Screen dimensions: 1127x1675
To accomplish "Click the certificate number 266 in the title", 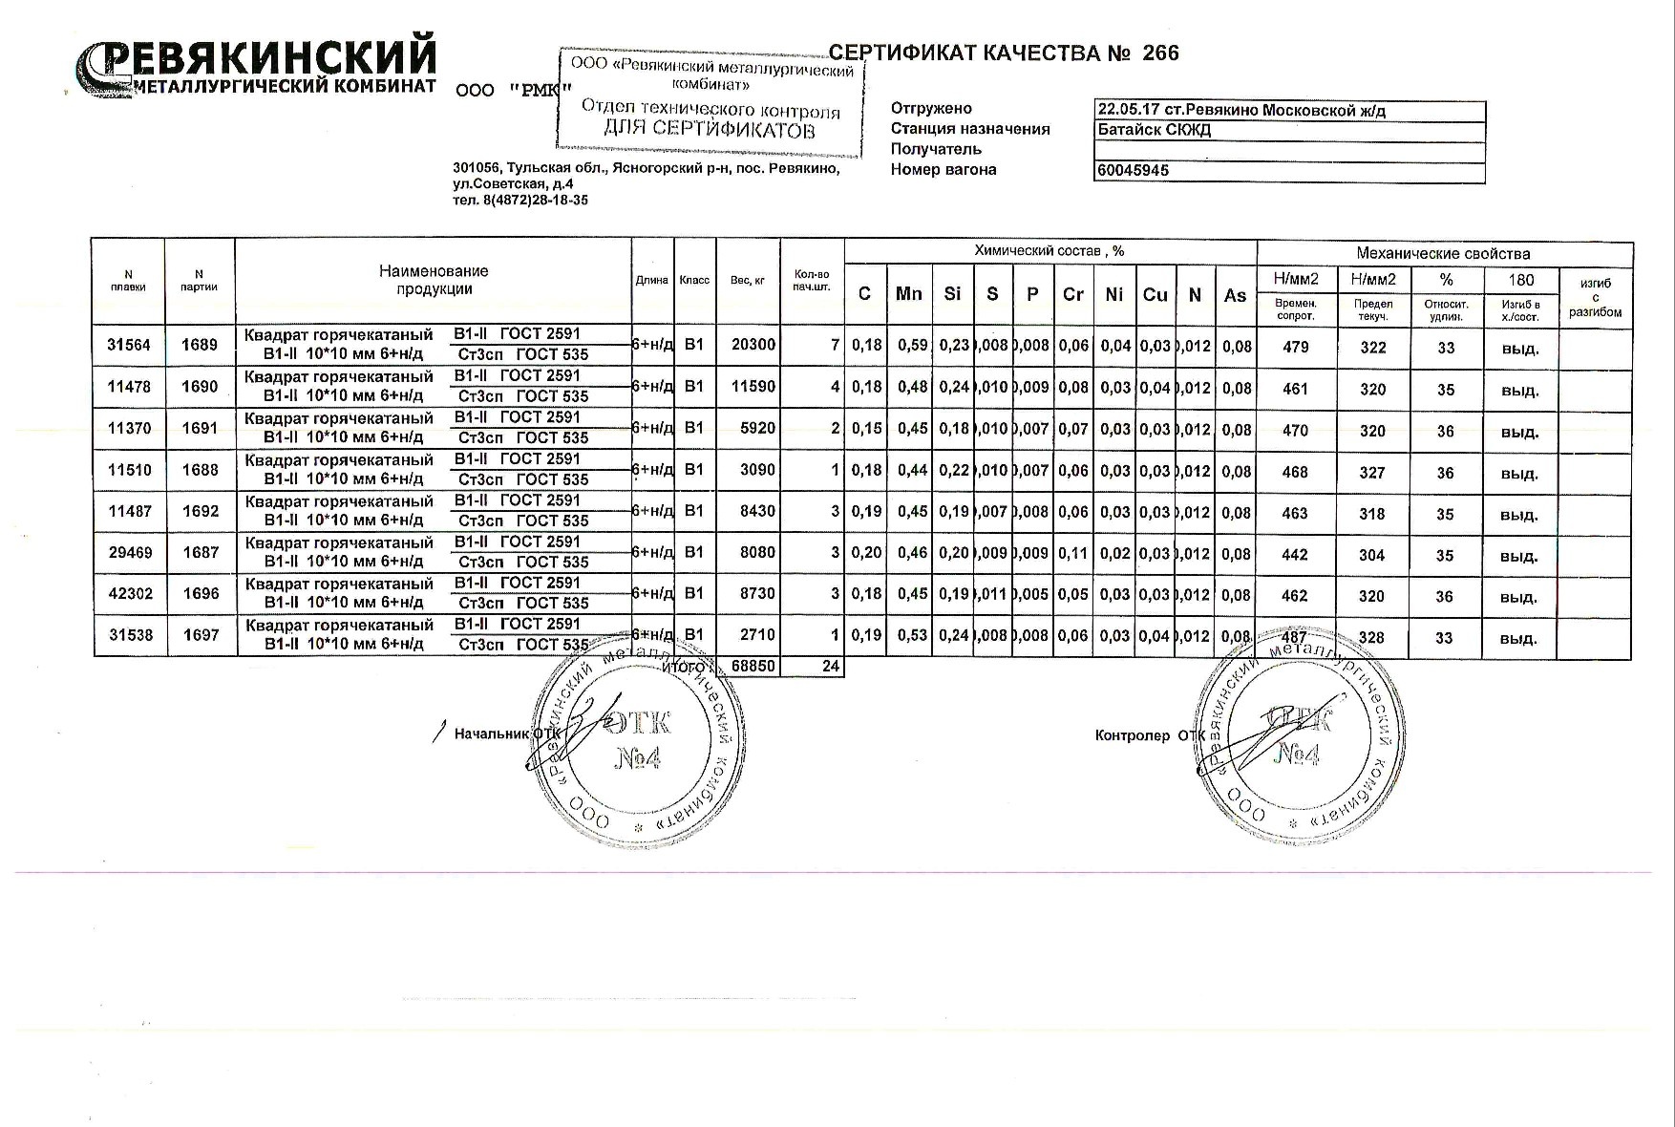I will (x=1160, y=53).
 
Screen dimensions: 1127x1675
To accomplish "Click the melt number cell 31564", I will (x=129, y=345).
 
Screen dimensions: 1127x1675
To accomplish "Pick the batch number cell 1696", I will (x=201, y=594).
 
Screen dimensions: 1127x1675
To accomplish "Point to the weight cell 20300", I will (x=753, y=345).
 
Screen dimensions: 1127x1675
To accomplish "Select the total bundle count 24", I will (x=830, y=666).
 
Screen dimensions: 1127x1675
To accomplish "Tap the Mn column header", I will (x=908, y=294).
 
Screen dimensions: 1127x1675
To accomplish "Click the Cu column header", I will (x=1155, y=294).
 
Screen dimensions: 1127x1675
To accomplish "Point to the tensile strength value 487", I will (x=1294, y=637).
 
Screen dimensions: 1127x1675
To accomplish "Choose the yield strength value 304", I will (x=1371, y=555).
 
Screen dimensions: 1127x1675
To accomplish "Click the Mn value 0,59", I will (x=912, y=345).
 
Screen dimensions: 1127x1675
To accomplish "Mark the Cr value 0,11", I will (x=1073, y=553).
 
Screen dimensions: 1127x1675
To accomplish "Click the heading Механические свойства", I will (x=1443, y=253).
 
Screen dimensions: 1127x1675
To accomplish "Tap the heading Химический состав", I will (x=1049, y=251).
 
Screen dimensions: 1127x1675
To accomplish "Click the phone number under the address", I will (x=520, y=201).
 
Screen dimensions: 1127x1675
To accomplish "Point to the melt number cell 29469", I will (x=130, y=553).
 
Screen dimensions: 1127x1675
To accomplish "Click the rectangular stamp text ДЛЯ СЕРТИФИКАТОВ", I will (x=710, y=130).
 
